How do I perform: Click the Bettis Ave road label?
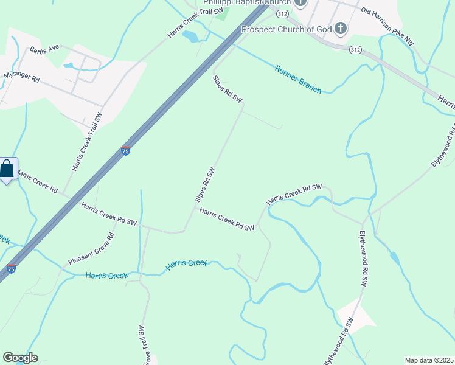coord(43,48)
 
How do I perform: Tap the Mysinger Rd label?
coord(21,77)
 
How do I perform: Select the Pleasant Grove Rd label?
coord(91,249)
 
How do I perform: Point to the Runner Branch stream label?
coord(297,79)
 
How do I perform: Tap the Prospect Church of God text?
coord(286,29)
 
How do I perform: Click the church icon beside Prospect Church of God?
coord(341,28)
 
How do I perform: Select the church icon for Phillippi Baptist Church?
coord(300,3)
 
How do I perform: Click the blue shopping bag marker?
coord(7,169)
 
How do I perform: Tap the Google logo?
coord(20,358)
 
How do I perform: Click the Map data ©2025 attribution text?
coord(428,360)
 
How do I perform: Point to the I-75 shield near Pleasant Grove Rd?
coord(11,268)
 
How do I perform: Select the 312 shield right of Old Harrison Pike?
coord(356,49)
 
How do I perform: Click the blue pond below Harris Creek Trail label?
coord(190,37)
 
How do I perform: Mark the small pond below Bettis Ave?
coord(68,65)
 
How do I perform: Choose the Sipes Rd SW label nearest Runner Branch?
coord(227,89)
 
